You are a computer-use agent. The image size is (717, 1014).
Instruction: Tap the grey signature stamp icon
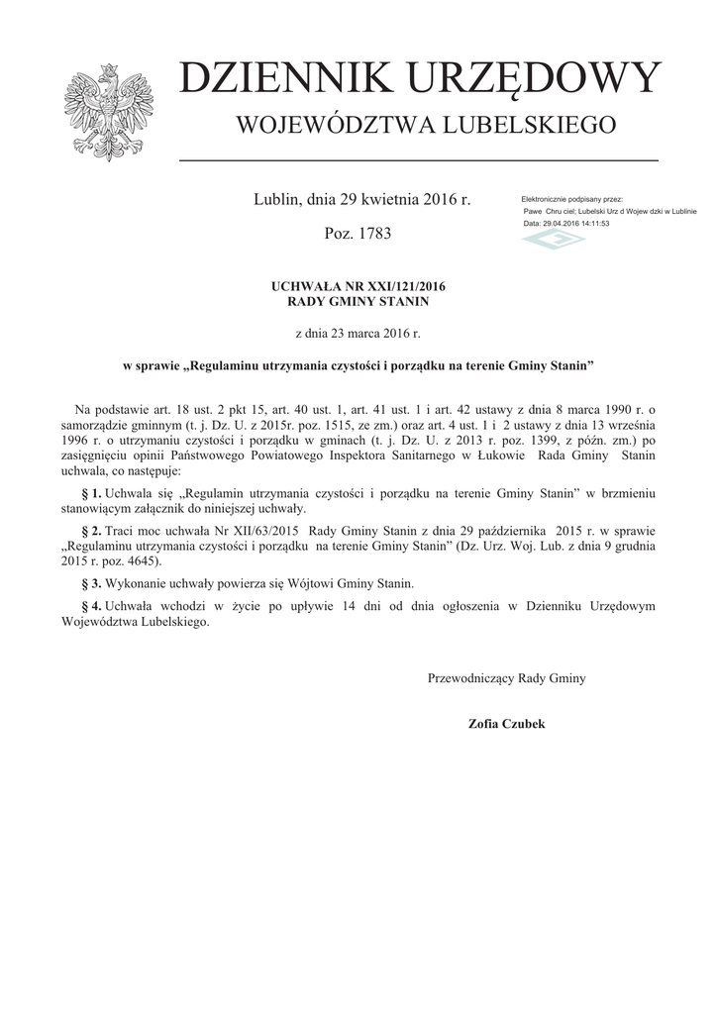tap(555, 240)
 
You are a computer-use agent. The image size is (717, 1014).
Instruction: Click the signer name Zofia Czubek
tap(506, 724)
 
